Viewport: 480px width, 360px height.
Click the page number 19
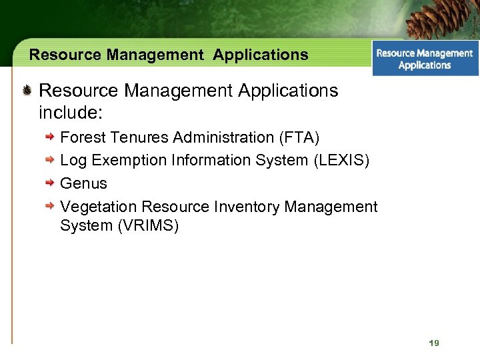pos(434,343)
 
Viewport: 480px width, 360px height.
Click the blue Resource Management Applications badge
pos(425,59)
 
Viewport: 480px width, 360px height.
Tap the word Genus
pos(83,183)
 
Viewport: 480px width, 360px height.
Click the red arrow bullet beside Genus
pos(50,183)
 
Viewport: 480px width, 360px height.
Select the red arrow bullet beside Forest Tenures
pos(50,137)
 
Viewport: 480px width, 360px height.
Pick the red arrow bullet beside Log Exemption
pos(50,160)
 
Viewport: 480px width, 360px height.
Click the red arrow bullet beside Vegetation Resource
pos(50,206)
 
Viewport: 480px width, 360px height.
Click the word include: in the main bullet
pos(71,112)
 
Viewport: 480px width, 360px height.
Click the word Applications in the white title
pos(261,55)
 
